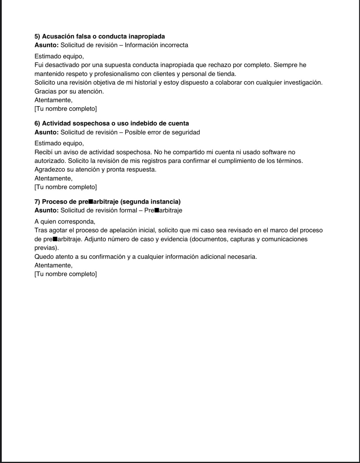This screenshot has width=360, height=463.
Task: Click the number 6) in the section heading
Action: [37, 124]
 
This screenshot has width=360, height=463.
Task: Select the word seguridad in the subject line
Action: [186, 132]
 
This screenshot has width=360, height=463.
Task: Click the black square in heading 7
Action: [91, 202]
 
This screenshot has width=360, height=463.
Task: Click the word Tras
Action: [40, 230]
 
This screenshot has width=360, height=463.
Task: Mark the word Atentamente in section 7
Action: [53, 265]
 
